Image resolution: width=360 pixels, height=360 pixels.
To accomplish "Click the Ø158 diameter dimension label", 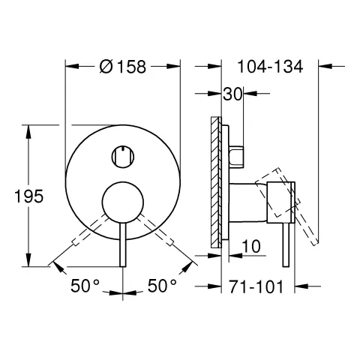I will tap(124, 66).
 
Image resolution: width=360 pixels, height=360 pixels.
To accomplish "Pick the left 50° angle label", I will tap(85, 286).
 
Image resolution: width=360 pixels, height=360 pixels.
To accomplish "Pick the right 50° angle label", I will tap(161, 286).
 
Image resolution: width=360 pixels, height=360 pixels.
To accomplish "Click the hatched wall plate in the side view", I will tap(216, 180).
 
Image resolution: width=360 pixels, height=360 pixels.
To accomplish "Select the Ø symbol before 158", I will tap(106, 66).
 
